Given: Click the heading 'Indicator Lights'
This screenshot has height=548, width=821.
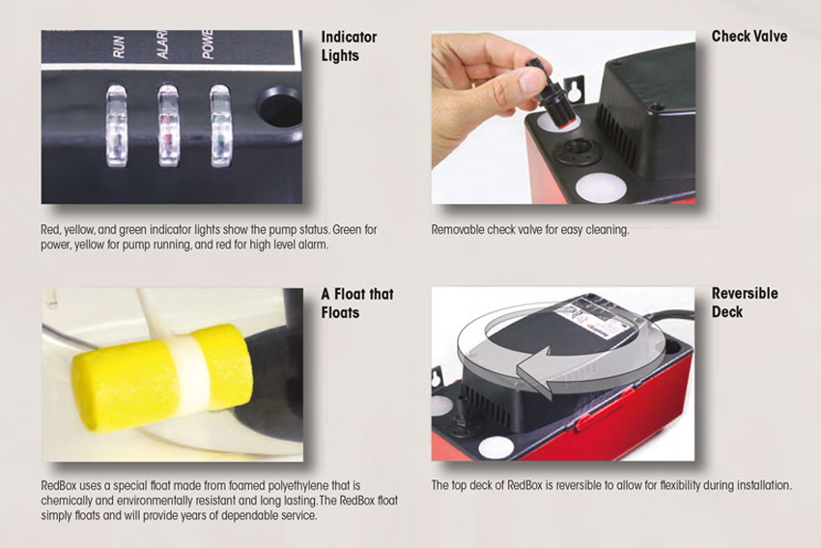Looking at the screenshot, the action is (x=349, y=46).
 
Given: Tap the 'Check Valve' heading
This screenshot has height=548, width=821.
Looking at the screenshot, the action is (x=750, y=36).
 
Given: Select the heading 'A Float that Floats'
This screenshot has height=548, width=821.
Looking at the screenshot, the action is (x=357, y=303).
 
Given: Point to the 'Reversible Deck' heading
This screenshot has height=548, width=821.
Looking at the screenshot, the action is (x=745, y=303).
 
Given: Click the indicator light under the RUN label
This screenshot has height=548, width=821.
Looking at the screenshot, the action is (x=116, y=127).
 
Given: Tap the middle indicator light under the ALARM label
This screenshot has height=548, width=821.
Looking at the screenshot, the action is (x=169, y=126).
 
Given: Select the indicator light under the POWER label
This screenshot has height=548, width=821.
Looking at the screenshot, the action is (x=220, y=126).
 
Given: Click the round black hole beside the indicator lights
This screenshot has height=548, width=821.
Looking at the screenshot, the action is (x=280, y=107).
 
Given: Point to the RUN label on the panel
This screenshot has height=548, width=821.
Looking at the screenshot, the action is (x=119, y=46).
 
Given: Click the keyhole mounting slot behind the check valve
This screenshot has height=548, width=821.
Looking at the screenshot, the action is (x=576, y=89).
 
